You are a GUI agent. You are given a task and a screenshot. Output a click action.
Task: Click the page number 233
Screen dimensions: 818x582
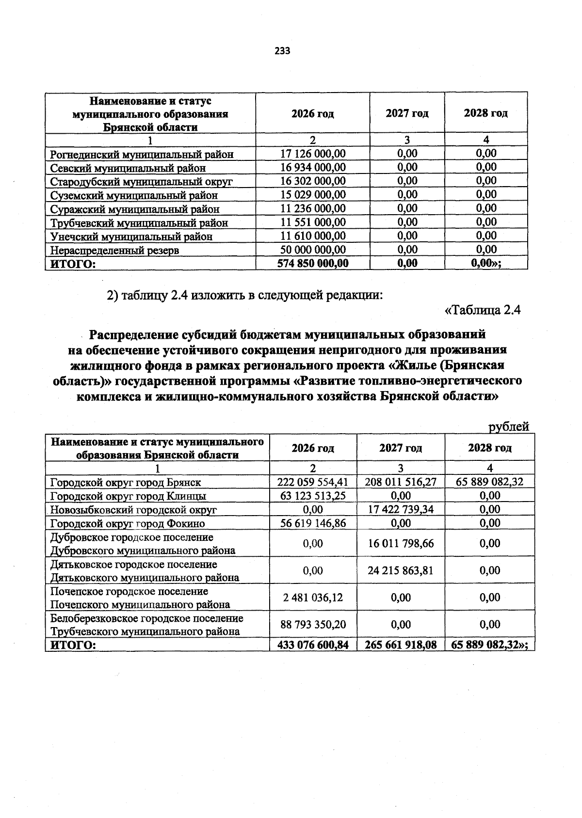tap(282, 51)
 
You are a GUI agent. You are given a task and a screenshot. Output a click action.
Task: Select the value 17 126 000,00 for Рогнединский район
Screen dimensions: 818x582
tap(313, 154)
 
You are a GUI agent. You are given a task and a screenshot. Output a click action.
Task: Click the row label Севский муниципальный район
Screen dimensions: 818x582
tap(128, 168)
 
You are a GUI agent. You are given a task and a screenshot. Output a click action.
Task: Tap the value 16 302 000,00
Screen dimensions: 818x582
tap(313, 181)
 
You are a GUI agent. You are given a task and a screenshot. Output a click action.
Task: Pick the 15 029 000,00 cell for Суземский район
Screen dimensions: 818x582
tap(313, 195)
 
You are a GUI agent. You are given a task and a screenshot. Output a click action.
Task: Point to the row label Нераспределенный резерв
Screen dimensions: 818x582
tap(114, 251)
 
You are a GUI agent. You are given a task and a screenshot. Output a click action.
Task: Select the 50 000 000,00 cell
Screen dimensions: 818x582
tap(313, 250)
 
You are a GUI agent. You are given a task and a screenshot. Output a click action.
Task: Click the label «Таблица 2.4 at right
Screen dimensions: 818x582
tap(482, 310)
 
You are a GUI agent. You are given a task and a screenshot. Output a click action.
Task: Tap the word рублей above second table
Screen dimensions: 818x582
tap(508, 427)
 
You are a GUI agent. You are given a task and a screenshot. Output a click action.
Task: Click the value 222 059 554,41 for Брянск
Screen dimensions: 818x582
tap(313, 482)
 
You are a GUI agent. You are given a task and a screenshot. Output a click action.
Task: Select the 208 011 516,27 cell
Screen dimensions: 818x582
tap(401, 482)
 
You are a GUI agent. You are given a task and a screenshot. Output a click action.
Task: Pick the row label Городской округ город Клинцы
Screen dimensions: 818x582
tap(129, 496)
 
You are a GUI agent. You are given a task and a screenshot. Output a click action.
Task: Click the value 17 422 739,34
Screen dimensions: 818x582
tap(401, 509)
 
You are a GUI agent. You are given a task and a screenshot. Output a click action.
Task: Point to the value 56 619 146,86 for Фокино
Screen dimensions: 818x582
tap(313, 523)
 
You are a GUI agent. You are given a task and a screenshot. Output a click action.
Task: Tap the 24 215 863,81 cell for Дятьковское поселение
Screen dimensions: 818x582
tap(401, 570)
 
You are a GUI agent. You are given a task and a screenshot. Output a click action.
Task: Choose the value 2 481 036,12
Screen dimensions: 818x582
tap(313, 598)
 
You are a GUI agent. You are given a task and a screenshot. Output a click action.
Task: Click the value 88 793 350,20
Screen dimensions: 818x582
tap(313, 625)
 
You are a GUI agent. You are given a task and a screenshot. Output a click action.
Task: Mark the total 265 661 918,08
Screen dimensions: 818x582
tap(401, 645)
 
